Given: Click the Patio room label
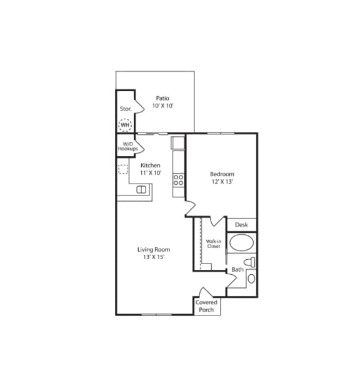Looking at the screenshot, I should (162, 98).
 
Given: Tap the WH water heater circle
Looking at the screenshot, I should (125, 126).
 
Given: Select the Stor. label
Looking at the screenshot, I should (126, 109).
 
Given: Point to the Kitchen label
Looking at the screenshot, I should (150, 166).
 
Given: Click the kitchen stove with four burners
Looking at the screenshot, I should (179, 180).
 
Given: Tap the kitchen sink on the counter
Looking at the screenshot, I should (142, 189).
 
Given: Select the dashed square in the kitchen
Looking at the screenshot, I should (124, 169).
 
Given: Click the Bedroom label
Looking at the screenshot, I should (221, 174).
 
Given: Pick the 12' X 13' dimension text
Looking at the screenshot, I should (221, 182).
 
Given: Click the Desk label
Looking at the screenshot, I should (241, 225).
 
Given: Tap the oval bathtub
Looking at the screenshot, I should (241, 242).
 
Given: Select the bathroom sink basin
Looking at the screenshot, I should (251, 279).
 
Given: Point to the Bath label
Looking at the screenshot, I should (237, 270).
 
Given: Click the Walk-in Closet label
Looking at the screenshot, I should (213, 244).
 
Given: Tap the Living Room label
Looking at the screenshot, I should (154, 250).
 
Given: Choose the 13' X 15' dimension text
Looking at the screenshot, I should (154, 258).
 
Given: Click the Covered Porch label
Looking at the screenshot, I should (206, 306).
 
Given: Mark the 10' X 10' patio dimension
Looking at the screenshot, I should (162, 106).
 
